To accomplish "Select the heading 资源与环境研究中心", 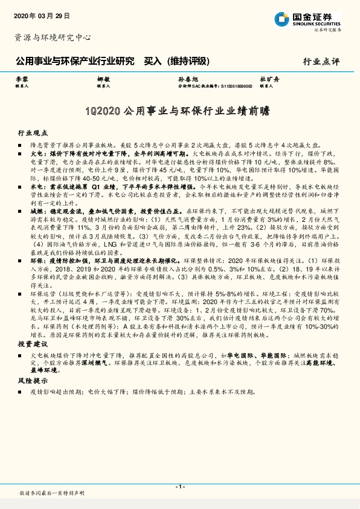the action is point(53,37).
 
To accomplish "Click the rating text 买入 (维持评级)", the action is point(176,61).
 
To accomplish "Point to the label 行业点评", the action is point(321,62).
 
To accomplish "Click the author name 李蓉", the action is point(21,80).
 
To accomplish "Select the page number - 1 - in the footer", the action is point(179,487).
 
